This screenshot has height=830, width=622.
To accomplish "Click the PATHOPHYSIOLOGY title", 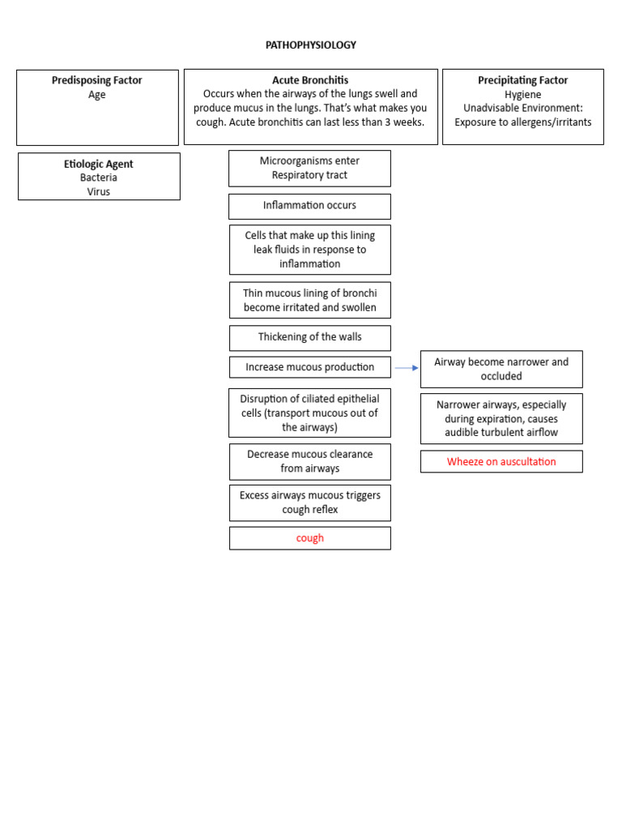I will coord(310,45).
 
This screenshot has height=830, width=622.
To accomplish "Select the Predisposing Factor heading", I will coord(97,80).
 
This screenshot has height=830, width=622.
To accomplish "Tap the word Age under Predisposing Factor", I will coord(97,95).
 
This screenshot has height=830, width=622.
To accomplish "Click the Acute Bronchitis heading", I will coord(310,80).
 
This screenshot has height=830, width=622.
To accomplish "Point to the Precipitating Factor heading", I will coord(522,80).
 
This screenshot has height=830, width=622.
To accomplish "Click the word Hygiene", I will coord(522,95).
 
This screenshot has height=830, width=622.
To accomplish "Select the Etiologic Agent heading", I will coord(99,164).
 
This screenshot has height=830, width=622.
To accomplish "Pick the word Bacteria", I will coord(99,178).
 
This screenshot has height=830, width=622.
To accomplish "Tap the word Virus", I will coord(99,192).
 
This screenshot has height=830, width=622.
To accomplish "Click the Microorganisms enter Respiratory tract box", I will coord(309,168).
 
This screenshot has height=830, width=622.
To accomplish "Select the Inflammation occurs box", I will coord(309,206).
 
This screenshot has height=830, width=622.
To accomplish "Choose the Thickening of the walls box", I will coord(309,337).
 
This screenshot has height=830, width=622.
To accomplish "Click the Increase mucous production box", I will coord(309,367).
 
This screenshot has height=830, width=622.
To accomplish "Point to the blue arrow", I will coord(406,368).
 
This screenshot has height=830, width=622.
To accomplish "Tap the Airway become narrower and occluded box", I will coord(501,369).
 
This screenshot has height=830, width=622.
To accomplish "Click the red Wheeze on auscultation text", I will coord(501,462).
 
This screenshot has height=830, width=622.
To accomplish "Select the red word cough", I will coord(309,538).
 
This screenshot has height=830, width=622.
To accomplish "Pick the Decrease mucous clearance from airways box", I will coord(309,461).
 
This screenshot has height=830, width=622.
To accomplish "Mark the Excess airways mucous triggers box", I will coord(309,503).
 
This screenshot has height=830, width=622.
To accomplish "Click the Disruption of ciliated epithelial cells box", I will coord(309,413).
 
